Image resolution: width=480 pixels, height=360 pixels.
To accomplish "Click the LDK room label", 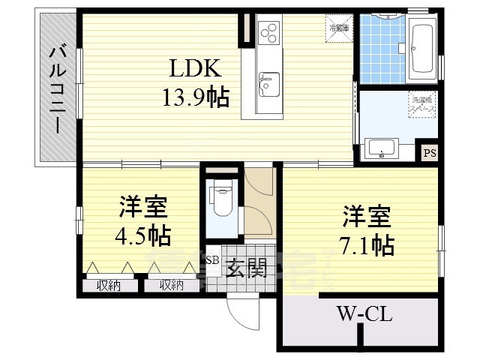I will coord(194,70).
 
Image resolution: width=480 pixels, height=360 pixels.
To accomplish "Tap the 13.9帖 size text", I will coord(194,97).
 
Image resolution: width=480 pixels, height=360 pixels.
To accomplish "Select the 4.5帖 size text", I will coord(142,235).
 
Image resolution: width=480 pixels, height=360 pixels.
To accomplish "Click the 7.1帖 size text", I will coord(367,244).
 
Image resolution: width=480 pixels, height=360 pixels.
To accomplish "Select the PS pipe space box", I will coord(429,153).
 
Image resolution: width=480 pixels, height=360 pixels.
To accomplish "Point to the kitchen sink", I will coord(267,82).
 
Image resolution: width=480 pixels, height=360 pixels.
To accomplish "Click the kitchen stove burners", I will coord(268,32).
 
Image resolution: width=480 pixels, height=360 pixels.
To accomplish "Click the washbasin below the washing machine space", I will coord(382,148).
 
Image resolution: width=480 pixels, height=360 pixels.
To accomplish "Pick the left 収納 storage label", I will coord(109,285).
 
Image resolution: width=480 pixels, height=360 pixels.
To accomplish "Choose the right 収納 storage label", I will coord(171,285).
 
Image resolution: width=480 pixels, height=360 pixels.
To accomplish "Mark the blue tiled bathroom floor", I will coord(382,49).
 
